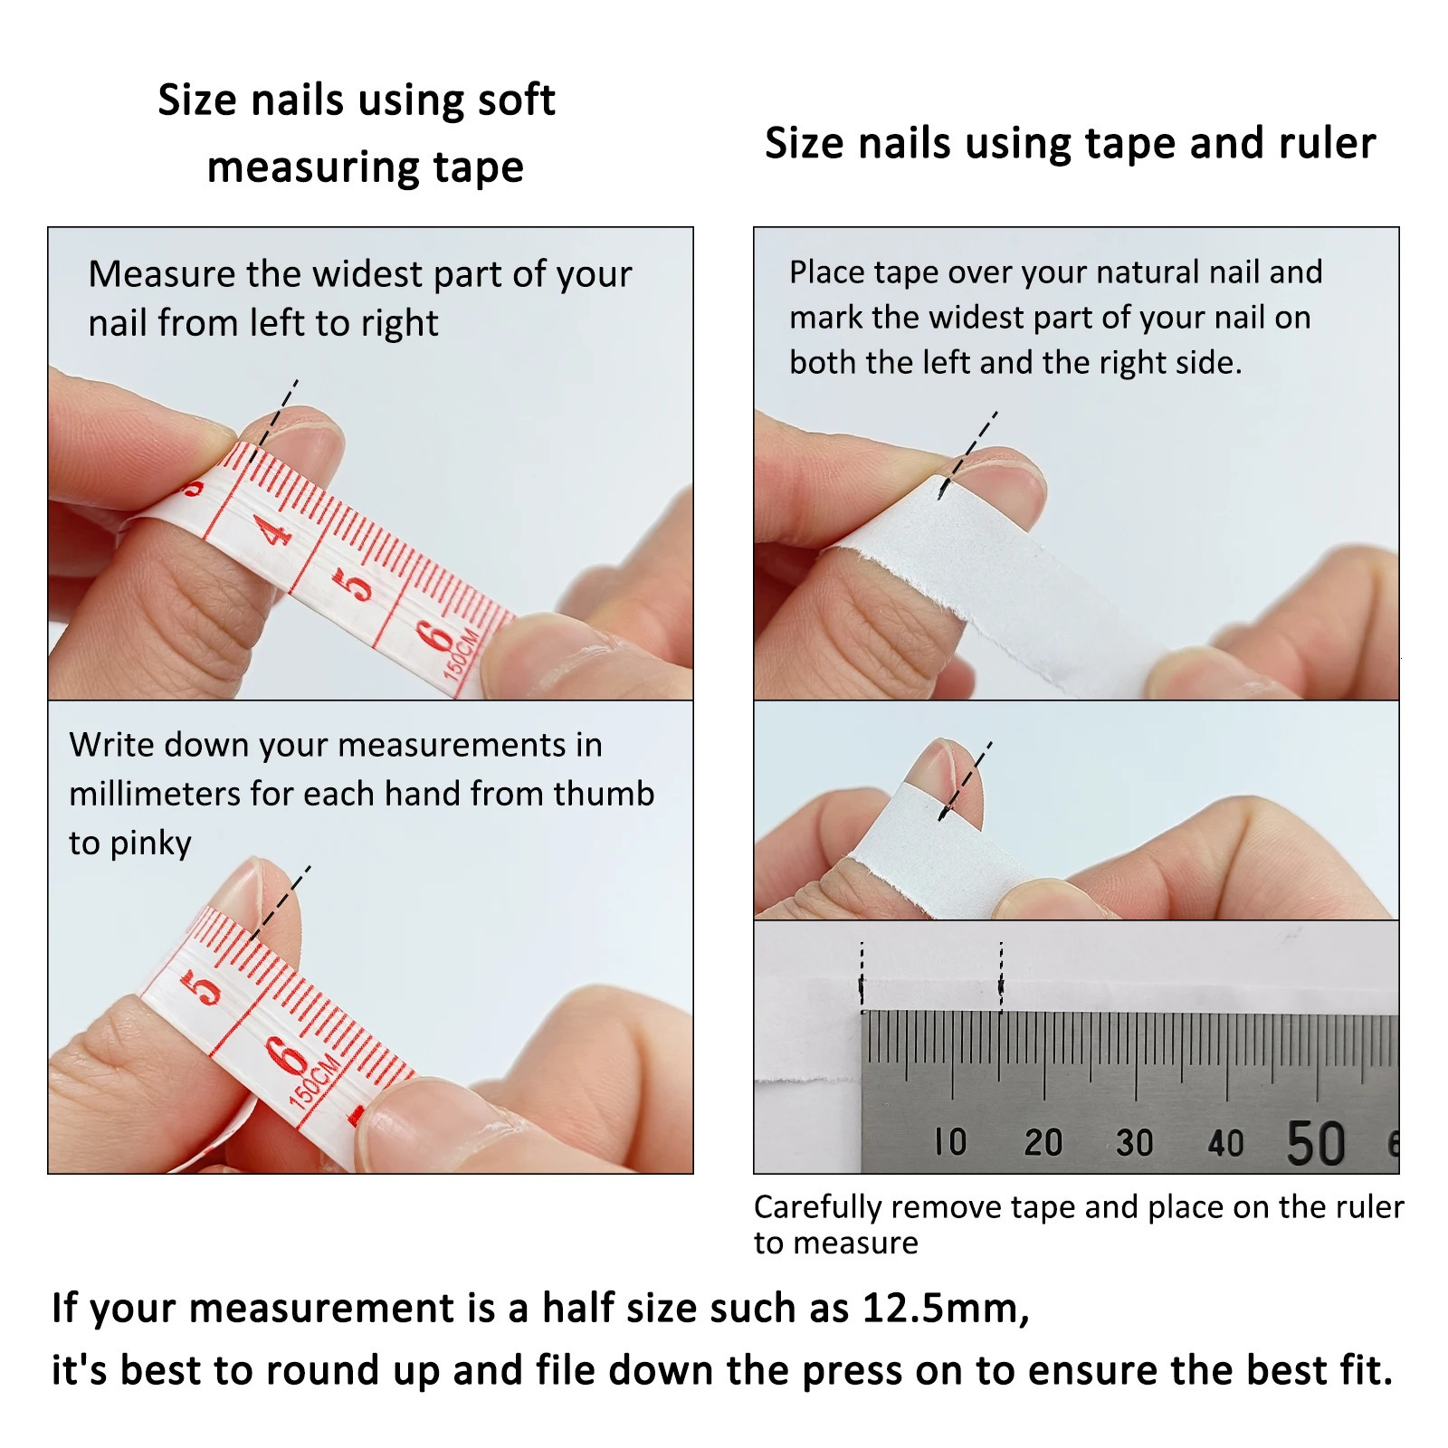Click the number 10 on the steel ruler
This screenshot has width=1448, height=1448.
click(x=951, y=1142)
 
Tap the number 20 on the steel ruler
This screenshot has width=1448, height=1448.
click(x=1043, y=1142)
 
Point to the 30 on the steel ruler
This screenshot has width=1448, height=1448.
click(x=1134, y=1143)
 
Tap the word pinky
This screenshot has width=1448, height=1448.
click(x=150, y=843)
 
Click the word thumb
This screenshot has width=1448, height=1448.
click(x=604, y=794)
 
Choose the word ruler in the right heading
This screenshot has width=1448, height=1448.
click(x=1327, y=144)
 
